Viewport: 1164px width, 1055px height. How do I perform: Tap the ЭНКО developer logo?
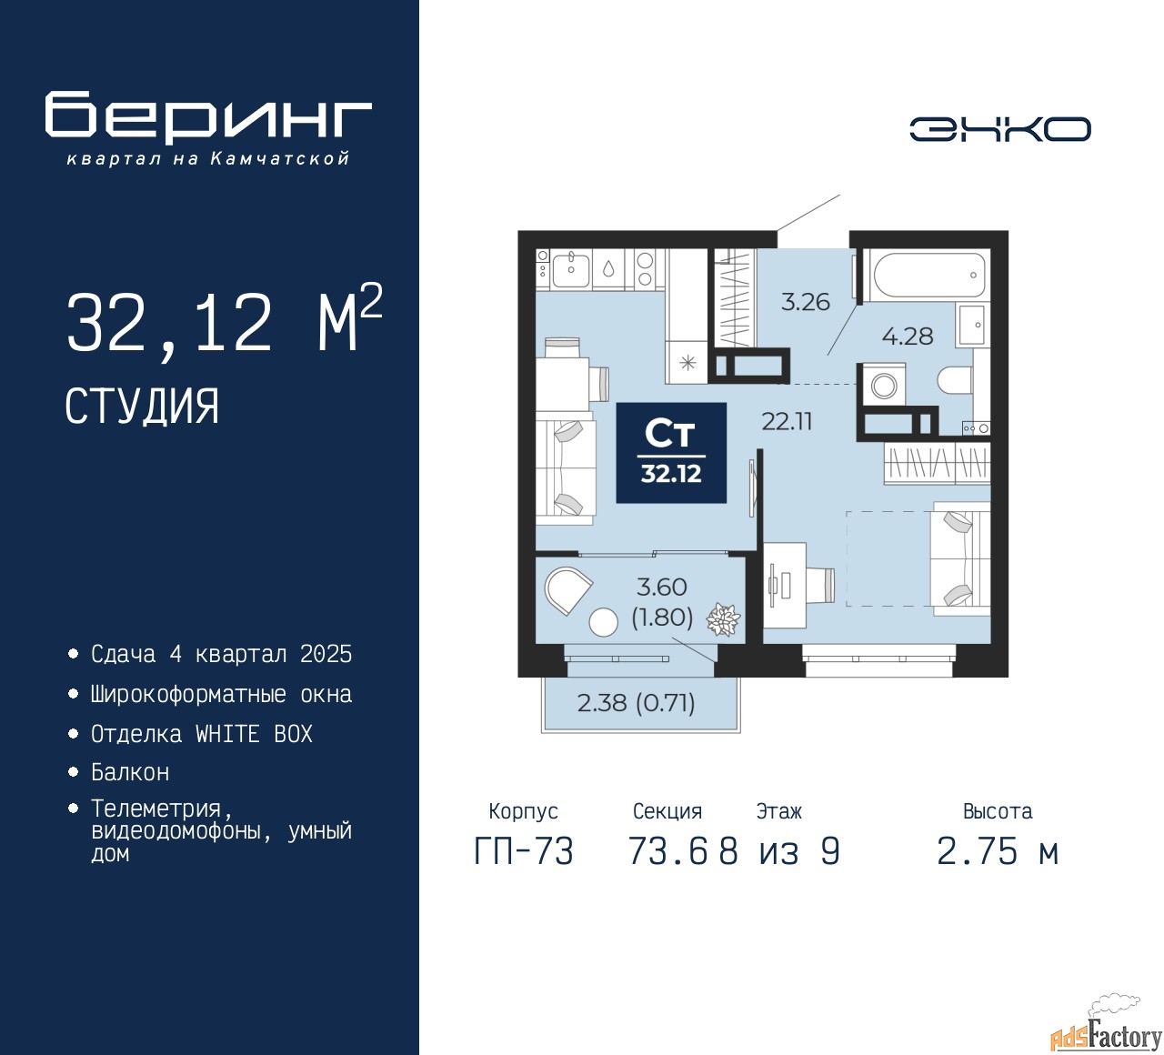[x=999, y=129]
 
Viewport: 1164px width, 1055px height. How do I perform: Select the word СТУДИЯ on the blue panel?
[x=142, y=407]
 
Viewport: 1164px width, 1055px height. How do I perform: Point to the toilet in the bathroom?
[x=955, y=381]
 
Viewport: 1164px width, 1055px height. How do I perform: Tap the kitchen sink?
[x=570, y=271]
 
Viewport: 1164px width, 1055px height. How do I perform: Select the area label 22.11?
[x=787, y=421]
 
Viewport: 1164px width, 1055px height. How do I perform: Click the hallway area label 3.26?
[x=806, y=302]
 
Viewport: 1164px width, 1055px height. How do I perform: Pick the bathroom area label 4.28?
[x=908, y=336]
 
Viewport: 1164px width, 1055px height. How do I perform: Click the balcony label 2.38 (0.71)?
[x=636, y=703]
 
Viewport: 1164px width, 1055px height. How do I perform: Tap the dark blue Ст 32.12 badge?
[x=671, y=453]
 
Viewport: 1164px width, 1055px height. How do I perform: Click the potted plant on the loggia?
[x=723, y=618]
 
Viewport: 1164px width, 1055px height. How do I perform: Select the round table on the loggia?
[x=604, y=622]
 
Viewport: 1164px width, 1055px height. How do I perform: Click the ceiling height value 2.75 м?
[x=998, y=851]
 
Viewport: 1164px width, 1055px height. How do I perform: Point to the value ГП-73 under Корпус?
[x=524, y=851]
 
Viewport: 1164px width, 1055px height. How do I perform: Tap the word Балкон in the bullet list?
[x=131, y=772]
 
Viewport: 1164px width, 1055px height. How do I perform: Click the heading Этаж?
[x=779, y=811]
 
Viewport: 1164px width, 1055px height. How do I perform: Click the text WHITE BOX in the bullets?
[x=254, y=734]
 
